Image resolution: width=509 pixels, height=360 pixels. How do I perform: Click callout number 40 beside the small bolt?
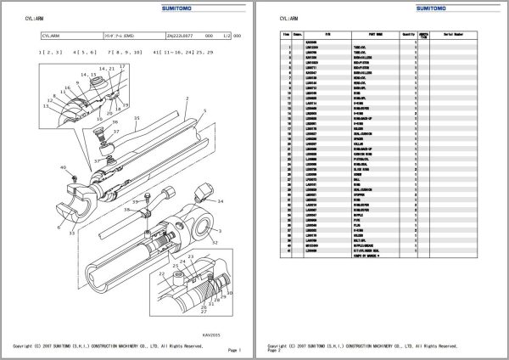[x=63, y=168]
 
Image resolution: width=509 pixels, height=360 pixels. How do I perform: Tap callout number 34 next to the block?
[x=221, y=201]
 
